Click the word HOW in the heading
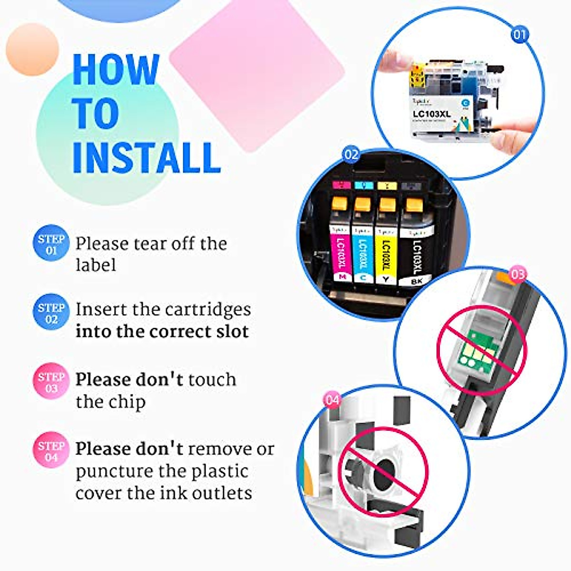[116, 70]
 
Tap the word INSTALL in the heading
[147, 157]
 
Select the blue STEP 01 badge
[51, 244]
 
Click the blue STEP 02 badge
[51, 313]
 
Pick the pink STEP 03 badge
[51, 382]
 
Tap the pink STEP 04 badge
[51, 451]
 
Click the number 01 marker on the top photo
[520, 34]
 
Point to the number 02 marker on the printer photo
[351, 155]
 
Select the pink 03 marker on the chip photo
[518, 275]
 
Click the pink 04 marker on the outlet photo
[332, 400]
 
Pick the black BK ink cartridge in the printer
[414, 252]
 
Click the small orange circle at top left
[32, 49]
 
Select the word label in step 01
[96, 265]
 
